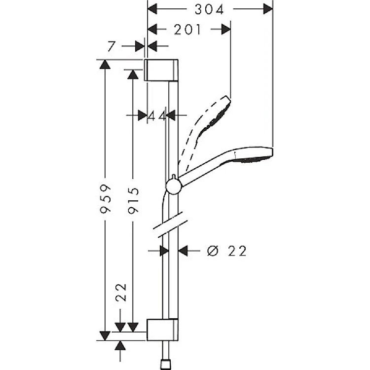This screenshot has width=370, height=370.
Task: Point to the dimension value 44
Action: tap(156, 115)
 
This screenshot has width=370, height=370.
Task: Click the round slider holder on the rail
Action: tap(174, 185)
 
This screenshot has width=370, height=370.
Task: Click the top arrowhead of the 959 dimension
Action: tap(105, 65)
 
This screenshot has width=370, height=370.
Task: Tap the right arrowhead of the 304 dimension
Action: tap(268, 9)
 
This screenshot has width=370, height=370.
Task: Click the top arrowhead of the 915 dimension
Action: tap(133, 74)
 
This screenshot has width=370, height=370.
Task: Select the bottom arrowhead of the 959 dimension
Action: tap(105, 335)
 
